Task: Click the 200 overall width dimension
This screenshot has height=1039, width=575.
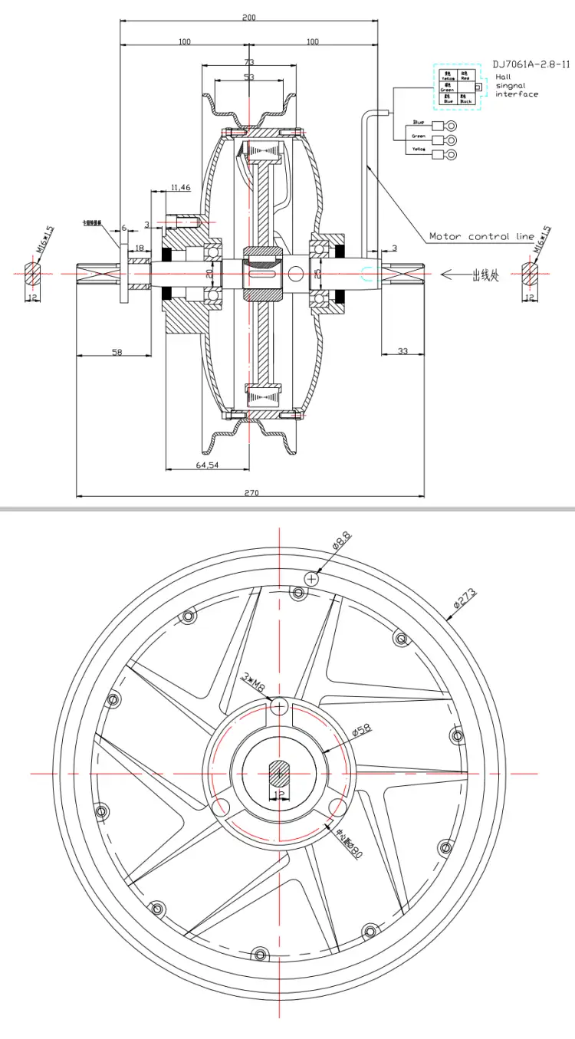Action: (x=249, y=18)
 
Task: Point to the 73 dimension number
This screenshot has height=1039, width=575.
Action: (x=249, y=62)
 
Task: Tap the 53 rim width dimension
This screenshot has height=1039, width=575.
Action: (x=249, y=77)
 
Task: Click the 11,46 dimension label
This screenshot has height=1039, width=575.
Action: (x=182, y=186)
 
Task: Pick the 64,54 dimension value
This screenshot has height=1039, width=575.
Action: (x=208, y=465)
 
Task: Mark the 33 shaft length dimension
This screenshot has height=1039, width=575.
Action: (x=402, y=350)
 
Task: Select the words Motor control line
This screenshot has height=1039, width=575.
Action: (x=481, y=236)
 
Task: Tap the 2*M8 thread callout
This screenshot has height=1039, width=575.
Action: (x=253, y=681)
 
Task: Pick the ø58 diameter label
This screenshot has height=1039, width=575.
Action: (x=361, y=728)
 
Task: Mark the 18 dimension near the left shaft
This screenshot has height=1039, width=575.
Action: (x=139, y=249)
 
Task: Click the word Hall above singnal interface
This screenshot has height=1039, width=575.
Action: (x=503, y=77)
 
